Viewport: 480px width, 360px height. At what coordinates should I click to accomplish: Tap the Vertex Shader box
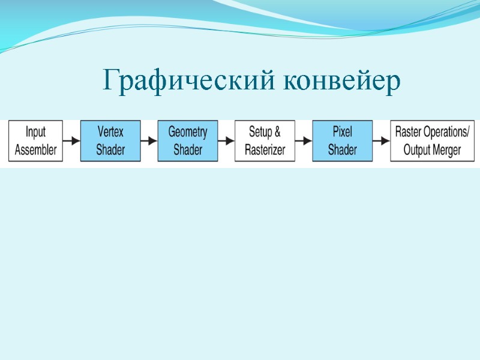[110, 141]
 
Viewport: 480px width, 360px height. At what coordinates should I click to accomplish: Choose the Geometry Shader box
[187, 141]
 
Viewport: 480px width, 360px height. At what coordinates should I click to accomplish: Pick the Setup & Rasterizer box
[265, 141]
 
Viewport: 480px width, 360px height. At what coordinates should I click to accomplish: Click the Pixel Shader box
[342, 141]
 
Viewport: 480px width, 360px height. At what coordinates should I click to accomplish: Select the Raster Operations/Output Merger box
[432, 141]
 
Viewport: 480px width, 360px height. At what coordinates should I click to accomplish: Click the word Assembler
[35, 149]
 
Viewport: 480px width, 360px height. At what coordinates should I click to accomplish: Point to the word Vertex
[110, 132]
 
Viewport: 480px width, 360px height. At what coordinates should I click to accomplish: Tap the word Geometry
[187, 132]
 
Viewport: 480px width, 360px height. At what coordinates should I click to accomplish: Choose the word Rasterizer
[265, 149]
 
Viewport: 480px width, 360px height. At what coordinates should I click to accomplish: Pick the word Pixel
[342, 132]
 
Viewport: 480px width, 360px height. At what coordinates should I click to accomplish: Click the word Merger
[446, 149]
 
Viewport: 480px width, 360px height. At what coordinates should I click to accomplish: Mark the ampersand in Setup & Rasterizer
[277, 132]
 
